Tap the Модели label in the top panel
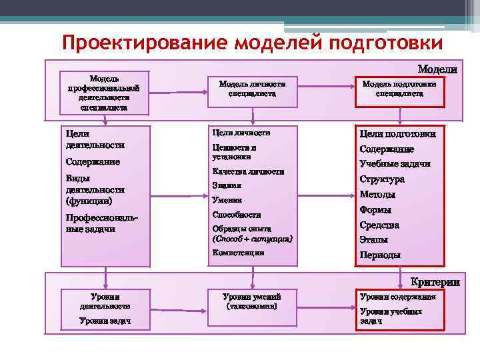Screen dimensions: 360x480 [x=437, y=69]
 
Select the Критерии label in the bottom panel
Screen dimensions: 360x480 [x=435, y=282]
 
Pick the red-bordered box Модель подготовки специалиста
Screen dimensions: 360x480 [x=399, y=89]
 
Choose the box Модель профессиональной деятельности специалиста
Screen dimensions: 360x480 [x=103, y=92]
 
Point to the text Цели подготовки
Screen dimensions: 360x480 [x=399, y=133]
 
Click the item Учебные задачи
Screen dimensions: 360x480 [x=395, y=163]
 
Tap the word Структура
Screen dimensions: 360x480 [x=382, y=179]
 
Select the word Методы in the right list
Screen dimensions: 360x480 [x=377, y=194]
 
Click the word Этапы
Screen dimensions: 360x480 [x=373, y=239]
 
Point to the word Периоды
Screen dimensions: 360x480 [x=380, y=255]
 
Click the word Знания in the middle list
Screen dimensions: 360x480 [x=226, y=185]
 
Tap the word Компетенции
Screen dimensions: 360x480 [x=237, y=253]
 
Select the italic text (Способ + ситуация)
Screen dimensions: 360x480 [x=252, y=238]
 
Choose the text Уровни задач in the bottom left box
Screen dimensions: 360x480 [x=105, y=321]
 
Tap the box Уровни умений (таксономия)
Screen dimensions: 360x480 [x=252, y=301]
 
